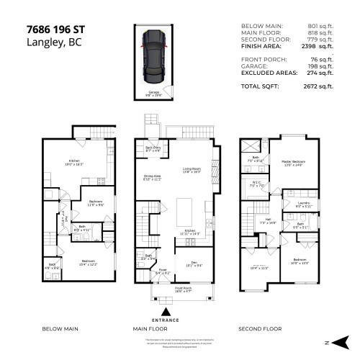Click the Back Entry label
(x=153, y=149)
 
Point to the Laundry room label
(x=302, y=204)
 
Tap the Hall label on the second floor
(x=267, y=220)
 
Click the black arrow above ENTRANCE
(x=167, y=312)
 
